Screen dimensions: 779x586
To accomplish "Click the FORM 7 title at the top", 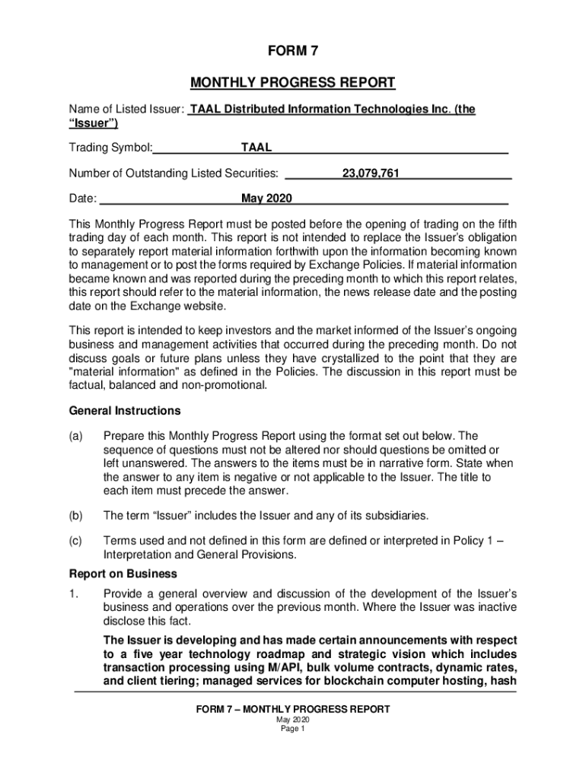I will [x=292, y=52].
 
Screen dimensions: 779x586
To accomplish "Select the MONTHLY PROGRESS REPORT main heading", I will [x=292, y=82].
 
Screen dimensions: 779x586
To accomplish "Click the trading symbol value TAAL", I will [x=256, y=148].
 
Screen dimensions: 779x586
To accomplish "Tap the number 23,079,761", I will [x=371, y=173].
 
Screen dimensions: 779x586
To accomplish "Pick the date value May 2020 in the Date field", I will [x=266, y=199].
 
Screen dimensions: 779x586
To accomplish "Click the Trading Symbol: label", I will [x=111, y=148].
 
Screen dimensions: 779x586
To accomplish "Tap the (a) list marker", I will [x=76, y=436].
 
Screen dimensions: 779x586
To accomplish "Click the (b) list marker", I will [x=76, y=516].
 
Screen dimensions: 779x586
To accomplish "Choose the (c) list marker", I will [x=76, y=542].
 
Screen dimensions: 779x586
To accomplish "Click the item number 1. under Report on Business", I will [x=74, y=593].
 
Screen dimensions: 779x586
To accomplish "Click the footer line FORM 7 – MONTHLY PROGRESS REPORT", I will [x=292, y=710].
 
